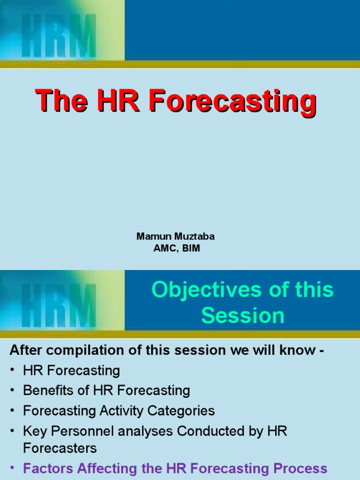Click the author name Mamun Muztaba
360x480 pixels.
pyautogui.click(x=176, y=236)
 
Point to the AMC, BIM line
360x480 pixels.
pyautogui.click(x=177, y=248)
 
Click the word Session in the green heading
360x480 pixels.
pyautogui.click(x=243, y=315)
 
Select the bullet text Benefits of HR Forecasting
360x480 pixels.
pyautogui.click(x=106, y=390)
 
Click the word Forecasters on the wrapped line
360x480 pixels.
pyautogui.click(x=60, y=448)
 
